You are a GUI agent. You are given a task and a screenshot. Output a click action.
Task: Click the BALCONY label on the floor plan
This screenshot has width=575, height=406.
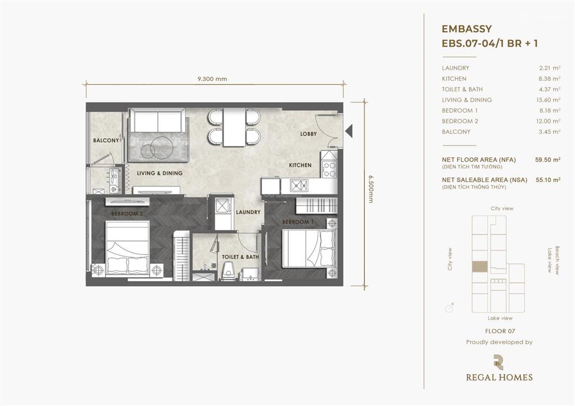[x=106, y=140]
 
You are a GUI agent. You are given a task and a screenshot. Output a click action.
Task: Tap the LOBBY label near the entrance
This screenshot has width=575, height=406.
[x=308, y=134]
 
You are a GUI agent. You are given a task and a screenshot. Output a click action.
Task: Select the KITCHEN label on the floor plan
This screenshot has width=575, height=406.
[x=300, y=166]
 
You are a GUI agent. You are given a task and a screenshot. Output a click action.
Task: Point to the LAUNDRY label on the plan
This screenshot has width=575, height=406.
[x=248, y=212]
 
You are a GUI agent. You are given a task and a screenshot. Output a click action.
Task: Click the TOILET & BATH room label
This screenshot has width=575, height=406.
[x=240, y=257]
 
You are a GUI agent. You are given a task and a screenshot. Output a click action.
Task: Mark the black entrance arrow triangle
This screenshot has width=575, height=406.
[x=349, y=131]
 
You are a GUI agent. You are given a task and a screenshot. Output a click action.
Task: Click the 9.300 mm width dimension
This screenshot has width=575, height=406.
[x=212, y=79]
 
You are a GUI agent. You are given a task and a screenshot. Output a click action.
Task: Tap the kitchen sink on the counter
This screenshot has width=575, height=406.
[x=299, y=185]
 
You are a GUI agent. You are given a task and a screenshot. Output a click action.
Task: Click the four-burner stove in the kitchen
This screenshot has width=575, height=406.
[x=328, y=170]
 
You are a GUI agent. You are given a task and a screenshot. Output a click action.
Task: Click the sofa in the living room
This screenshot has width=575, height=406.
[x=158, y=120]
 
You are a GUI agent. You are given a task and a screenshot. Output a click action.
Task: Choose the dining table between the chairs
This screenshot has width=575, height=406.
[x=234, y=127]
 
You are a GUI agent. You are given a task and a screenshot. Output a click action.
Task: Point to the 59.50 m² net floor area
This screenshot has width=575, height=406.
[x=547, y=159]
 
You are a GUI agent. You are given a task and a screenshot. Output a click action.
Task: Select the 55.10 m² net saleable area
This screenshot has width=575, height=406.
[x=548, y=180]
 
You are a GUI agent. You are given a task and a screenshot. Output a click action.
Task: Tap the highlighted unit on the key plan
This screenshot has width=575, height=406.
[x=480, y=267]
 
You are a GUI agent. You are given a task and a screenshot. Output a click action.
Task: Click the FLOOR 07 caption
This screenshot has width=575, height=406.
[x=500, y=331]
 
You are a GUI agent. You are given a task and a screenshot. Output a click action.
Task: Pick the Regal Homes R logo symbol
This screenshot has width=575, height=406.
[x=499, y=362]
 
